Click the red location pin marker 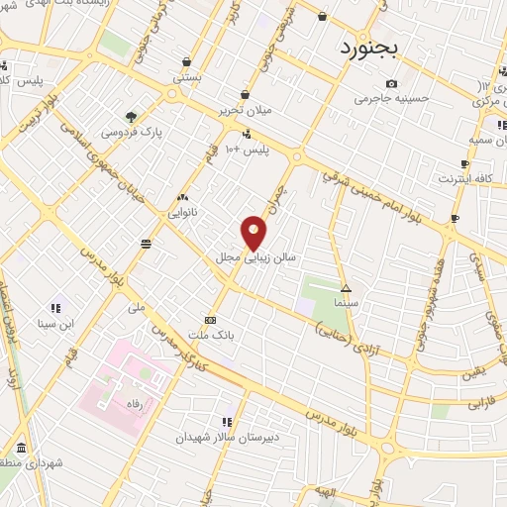[255, 232]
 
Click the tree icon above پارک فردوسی [132, 115]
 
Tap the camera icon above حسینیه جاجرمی [392, 83]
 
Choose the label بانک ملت [243, 336]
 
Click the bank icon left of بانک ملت [210, 321]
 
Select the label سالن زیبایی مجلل [256, 256]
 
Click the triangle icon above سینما [346, 288]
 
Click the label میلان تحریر [244, 111]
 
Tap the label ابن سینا [57, 323]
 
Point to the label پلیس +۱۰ [248, 149]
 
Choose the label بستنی [187, 75]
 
